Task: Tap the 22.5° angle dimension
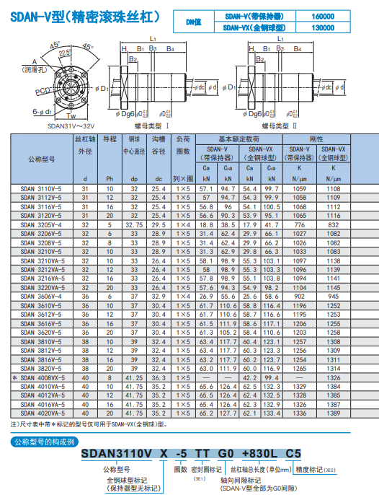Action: pos(66,53)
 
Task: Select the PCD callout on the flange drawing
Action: pos(43,92)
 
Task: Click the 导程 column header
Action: pos(110,139)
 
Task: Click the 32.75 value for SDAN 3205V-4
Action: pos(134,224)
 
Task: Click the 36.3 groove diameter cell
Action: pos(159,377)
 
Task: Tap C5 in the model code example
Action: pos(293,453)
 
